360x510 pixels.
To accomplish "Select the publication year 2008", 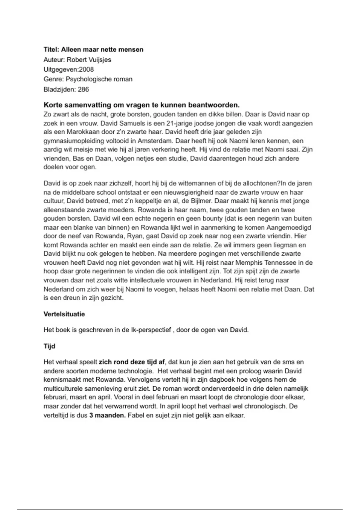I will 86,70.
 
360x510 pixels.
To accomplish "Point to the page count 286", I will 83,89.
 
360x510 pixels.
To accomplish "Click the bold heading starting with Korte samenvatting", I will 142,105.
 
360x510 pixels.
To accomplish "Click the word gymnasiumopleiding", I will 78,141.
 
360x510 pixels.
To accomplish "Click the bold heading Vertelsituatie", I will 64,314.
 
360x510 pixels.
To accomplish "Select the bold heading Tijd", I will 49,346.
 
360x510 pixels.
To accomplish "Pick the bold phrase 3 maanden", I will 107,415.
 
